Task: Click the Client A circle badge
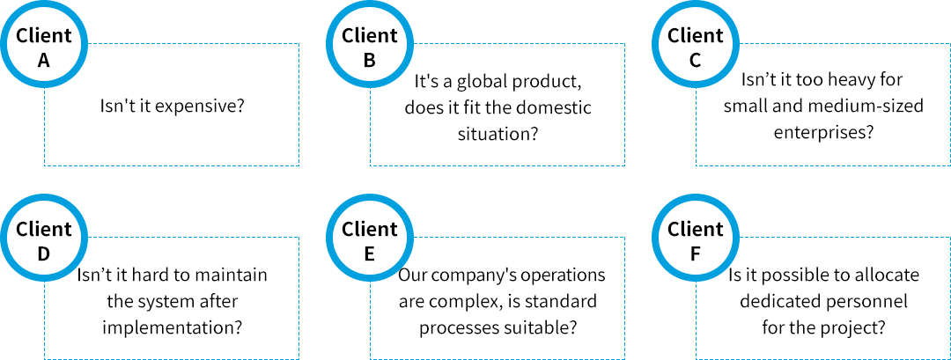point(44,46)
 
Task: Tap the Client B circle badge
point(370,46)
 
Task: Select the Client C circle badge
point(696,46)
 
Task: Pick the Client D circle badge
point(44,239)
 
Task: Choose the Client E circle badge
point(370,239)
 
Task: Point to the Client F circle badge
point(696,239)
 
